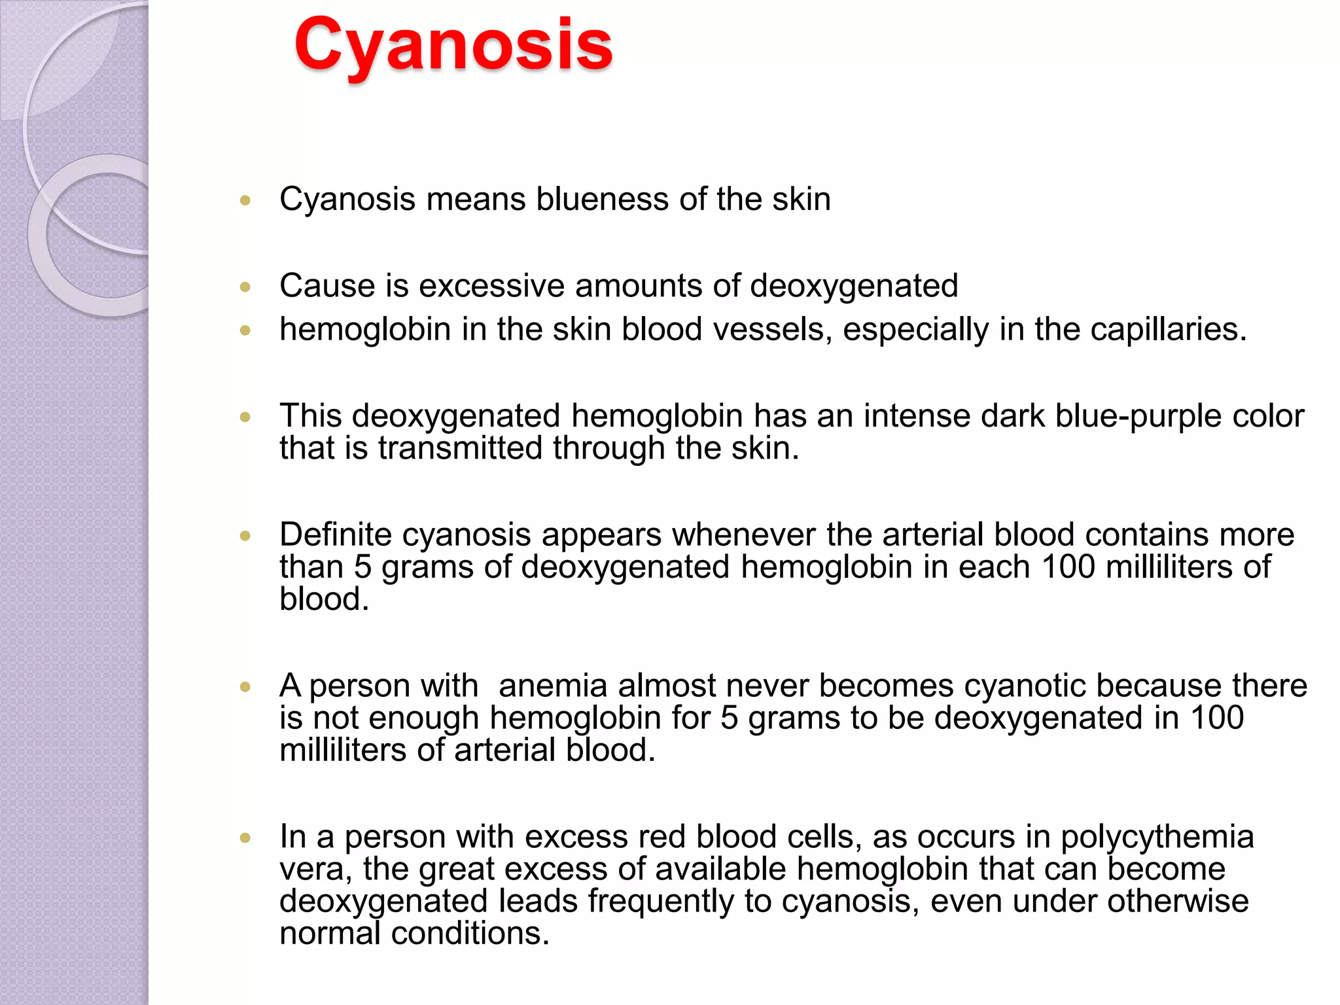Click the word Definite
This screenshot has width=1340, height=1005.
[x=335, y=535]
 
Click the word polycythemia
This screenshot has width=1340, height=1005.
[x=1157, y=837]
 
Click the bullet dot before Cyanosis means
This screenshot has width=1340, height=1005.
[x=245, y=200]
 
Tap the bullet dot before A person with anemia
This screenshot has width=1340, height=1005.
[x=245, y=687]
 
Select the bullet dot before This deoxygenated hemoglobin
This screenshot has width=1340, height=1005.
[x=245, y=417]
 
